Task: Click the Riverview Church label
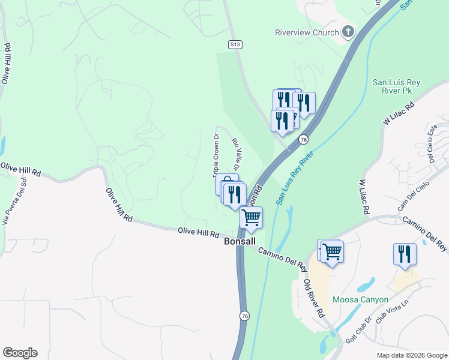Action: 307,32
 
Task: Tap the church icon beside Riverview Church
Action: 348,32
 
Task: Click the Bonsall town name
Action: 240,241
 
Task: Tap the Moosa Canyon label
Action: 361,299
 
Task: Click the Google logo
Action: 20,353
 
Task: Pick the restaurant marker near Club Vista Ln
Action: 405,253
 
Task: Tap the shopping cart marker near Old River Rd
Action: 331,252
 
